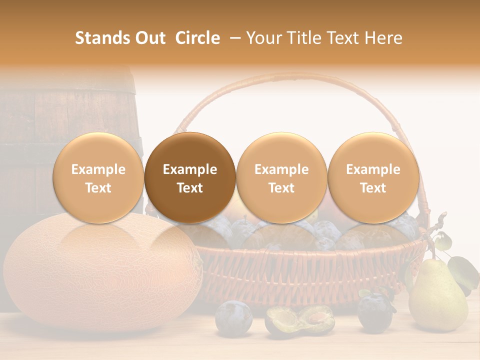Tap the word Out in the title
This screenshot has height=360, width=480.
[150, 38]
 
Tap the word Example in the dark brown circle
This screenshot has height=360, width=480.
[190, 169]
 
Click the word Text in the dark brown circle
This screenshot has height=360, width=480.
[190, 188]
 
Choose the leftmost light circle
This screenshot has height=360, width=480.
[98, 178]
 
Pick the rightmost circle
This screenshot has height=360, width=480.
[373, 178]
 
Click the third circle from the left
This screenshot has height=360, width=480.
[281, 178]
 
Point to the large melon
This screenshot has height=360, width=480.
[100, 275]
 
